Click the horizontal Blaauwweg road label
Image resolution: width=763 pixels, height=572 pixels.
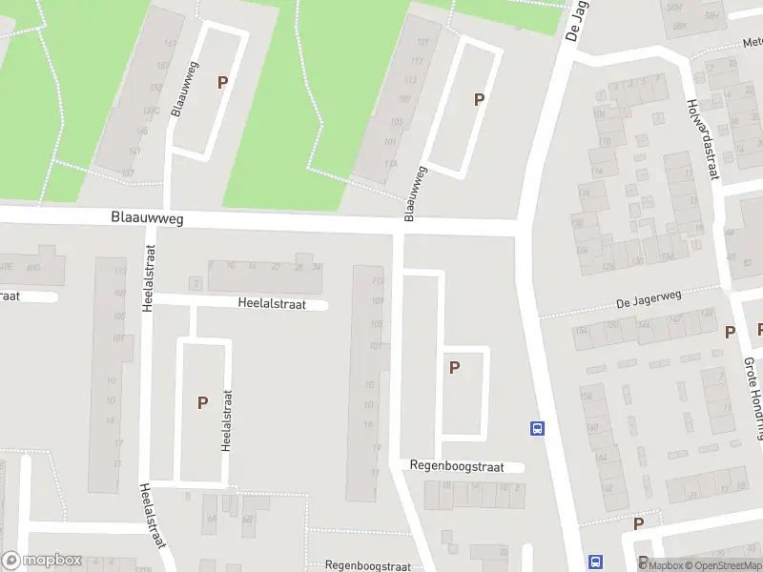tap(146, 218)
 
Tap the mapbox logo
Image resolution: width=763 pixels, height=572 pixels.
tap(41, 561)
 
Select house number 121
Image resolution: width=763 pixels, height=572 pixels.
tap(422, 44)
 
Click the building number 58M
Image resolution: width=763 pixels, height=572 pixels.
tap(675, 8)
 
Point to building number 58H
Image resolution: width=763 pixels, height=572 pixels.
tap(710, 16)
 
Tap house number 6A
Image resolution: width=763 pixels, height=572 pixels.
tap(211, 520)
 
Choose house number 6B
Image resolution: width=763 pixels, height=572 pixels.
tap(247, 520)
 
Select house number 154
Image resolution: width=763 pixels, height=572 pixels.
tap(581, 332)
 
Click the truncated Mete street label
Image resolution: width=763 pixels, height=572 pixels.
tap(753, 43)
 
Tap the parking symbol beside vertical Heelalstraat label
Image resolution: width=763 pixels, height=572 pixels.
tap(202, 403)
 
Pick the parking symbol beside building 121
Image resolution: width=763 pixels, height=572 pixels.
tap(479, 99)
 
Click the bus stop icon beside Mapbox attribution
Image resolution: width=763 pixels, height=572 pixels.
tap(596, 562)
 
